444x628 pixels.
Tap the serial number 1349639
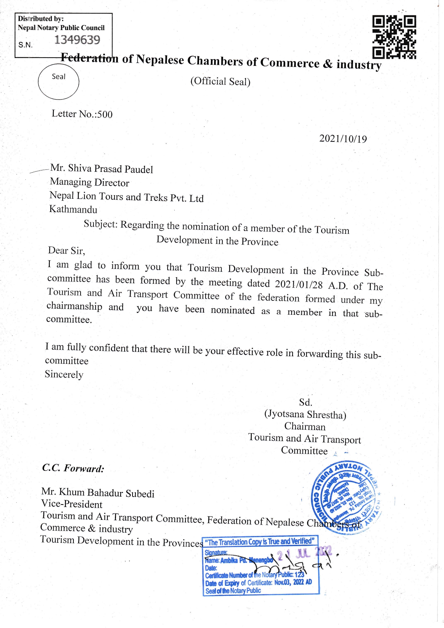point(77,40)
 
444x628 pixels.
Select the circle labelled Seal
point(58,82)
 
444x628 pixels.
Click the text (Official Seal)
point(220,82)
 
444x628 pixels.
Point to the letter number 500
point(105,115)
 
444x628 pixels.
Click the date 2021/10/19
point(343,139)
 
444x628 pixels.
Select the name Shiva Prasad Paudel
point(110,169)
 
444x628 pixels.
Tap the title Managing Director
point(90,182)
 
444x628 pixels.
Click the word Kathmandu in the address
point(73,209)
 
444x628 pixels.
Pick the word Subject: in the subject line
point(101,224)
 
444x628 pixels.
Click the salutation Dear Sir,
point(67,251)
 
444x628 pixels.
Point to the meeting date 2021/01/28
point(299,284)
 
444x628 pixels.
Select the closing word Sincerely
point(64,375)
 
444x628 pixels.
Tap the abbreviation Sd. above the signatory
point(305,402)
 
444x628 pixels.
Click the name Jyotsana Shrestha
point(305,414)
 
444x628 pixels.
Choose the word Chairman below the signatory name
point(305,426)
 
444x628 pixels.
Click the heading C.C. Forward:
point(73,468)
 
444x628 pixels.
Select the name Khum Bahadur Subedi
point(106,493)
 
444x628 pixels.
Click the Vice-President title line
point(72,504)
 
